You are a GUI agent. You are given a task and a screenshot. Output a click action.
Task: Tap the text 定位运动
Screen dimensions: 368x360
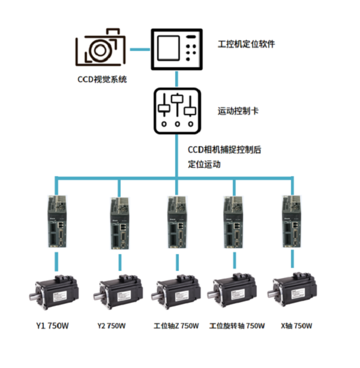coord(205,164)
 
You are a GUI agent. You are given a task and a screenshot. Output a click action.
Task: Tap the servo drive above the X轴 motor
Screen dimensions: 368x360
coord(292,221)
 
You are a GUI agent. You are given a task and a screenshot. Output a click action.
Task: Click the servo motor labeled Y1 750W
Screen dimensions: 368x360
coord(58,290)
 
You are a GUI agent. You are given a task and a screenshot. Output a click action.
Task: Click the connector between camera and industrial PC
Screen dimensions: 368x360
coord(139,49)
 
